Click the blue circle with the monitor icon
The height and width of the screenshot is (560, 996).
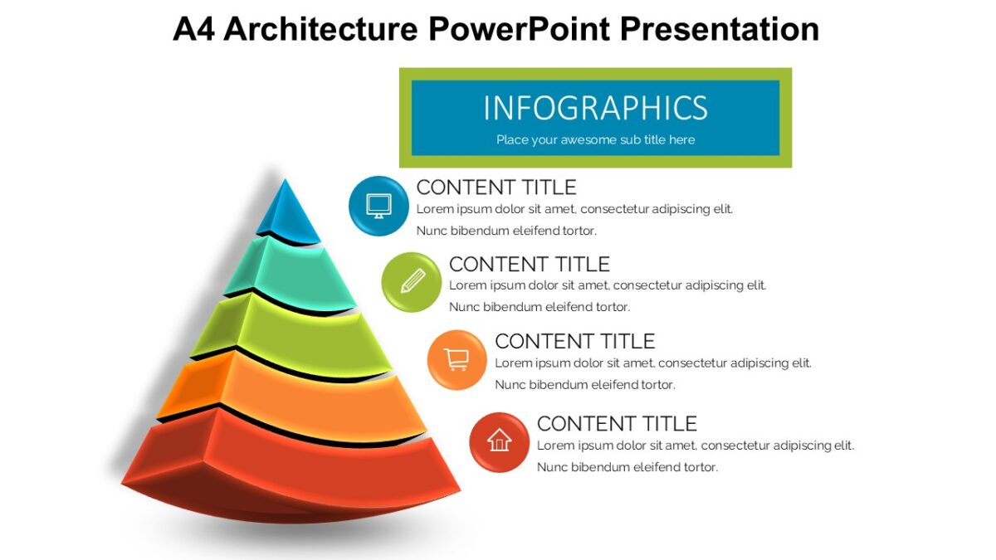tap(378, 206)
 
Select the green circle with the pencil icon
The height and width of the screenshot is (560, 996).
tap(411, 282)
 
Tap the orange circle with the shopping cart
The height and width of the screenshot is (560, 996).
tap(456, 360)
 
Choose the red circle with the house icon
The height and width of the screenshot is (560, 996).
tap(499, 441)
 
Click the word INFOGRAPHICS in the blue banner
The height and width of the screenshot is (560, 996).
tap(595, 109)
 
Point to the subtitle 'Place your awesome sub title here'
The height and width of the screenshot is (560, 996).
tap(595, 139)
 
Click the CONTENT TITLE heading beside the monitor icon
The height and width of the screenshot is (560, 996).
tap(496, 187)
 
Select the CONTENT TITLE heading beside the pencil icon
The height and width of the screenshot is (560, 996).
tap(529, 264)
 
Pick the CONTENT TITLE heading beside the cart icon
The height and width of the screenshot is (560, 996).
tap(574, 341)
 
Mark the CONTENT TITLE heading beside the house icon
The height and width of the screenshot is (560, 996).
tap(616, 423)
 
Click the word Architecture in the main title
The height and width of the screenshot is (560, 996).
tap(320, 29)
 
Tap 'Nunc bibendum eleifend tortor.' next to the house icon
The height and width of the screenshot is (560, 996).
tap(627, 467)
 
